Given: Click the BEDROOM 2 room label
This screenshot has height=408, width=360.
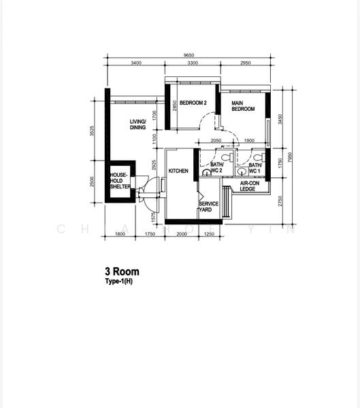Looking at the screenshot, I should (x=193, y=103).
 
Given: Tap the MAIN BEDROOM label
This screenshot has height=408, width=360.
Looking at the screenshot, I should (x=243, y=105).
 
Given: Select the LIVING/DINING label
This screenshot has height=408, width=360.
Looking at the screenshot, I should (x=138, y=124).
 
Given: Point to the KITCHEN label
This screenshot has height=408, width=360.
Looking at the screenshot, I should (x=178, y=171).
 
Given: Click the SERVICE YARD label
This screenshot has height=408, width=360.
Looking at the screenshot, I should (x=208, y=207).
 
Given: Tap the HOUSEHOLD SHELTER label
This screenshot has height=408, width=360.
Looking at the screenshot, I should (x=120, y=182).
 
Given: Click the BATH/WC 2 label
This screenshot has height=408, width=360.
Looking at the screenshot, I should (x=217, y=168).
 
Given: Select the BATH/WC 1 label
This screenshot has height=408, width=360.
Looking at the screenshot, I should (x=255, y=168).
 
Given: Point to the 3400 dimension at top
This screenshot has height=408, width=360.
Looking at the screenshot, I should (x=135, y=63).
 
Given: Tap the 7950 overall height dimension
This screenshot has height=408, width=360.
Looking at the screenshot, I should (x=291, y=158).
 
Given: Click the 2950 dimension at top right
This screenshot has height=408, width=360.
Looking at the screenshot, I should (x=246, y=63).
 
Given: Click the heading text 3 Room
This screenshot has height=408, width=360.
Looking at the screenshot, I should (x=122, y=271).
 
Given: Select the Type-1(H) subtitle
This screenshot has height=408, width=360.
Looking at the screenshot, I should (x=120, y=281).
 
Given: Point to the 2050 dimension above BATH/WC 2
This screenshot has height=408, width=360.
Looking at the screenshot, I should (x=216, y=141).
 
